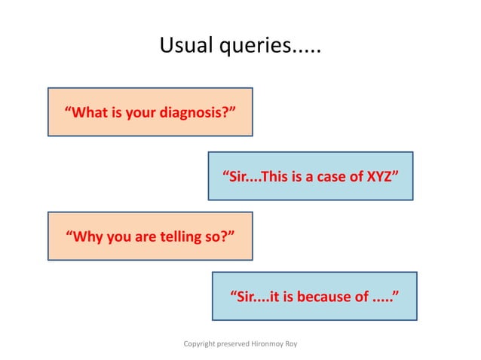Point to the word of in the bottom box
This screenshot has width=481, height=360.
tap(363, 296)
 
